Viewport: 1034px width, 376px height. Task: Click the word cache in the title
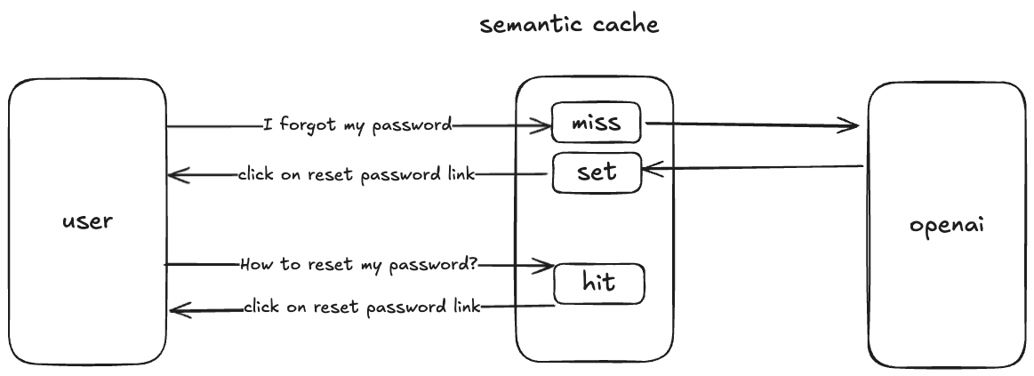coord(628,24)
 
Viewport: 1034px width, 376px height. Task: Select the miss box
coord(596,124)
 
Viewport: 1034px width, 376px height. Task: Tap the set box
coord(597,172)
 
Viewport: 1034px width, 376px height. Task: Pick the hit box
coord(598,284)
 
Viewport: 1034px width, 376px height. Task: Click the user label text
coord(87,220)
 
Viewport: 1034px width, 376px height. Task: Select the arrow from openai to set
coord(751,166)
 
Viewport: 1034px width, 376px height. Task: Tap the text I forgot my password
coord(357,124)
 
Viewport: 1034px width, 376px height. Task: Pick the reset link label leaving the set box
coord(356,174)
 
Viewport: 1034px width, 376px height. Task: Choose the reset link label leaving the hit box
coord(362,308)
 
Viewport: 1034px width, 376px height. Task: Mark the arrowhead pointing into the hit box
coord(544,265)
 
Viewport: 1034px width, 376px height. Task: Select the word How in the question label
coord(254,265)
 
